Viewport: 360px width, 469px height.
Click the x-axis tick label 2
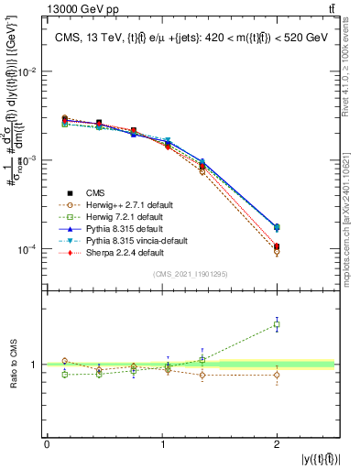click(277, 444)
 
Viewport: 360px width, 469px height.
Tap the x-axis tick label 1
click(162, 444)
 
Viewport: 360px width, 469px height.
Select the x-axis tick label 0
click(48, 444)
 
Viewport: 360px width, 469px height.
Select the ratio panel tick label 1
click(34, 365)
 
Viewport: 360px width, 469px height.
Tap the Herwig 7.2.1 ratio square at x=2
click(277, 325)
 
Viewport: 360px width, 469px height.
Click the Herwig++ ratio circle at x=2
click(277, 375)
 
